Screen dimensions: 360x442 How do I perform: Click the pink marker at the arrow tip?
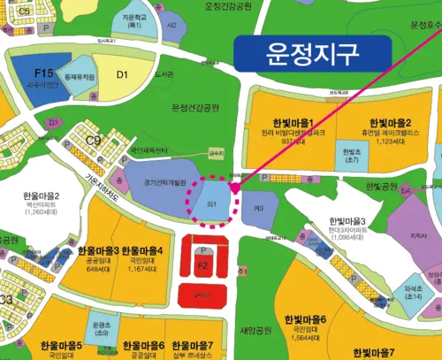pyautogui.click(x=234, y=188)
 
